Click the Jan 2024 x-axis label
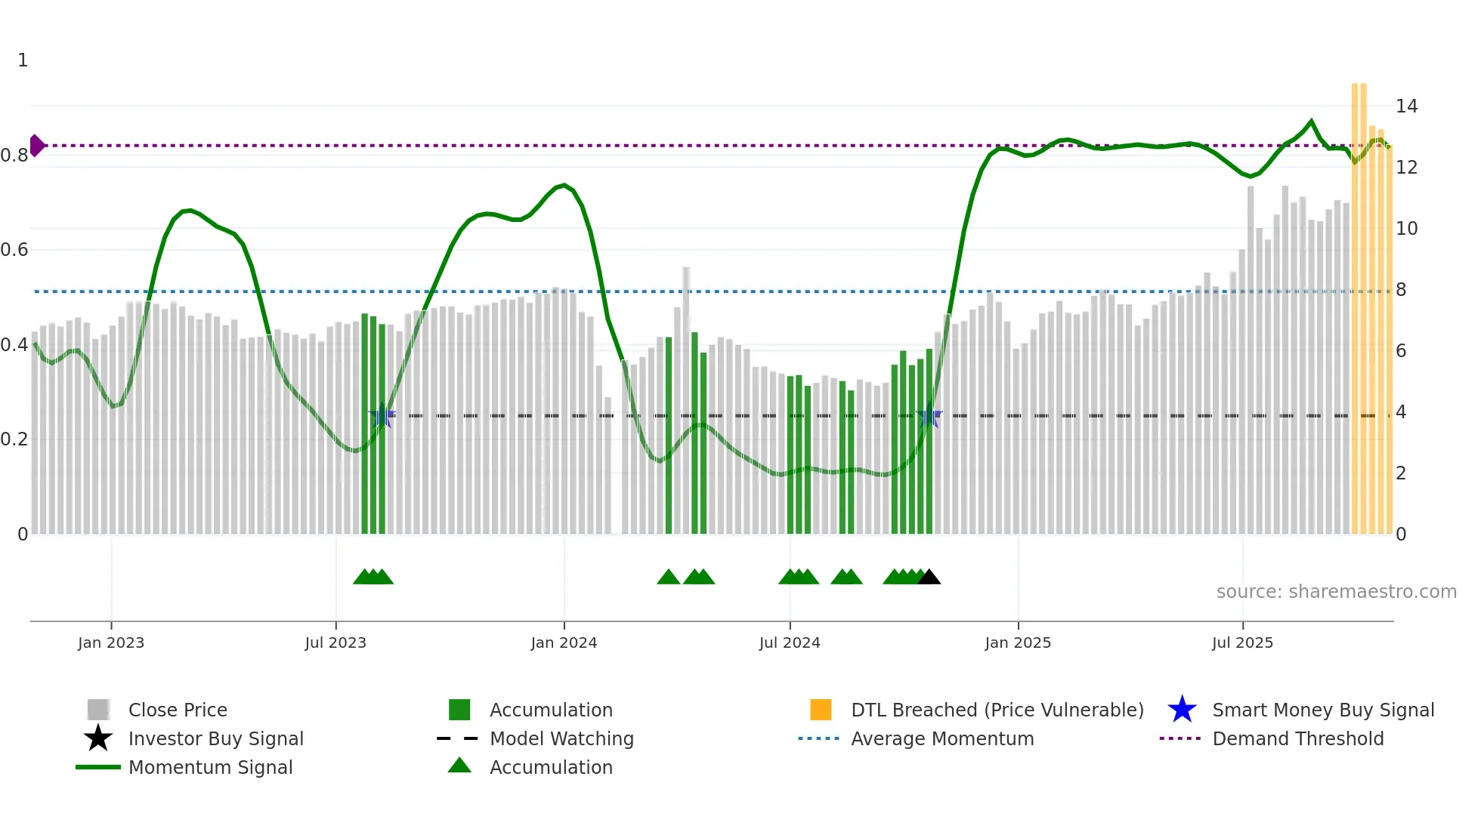[564, 642]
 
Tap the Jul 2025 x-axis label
[1242, 642]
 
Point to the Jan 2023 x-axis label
[111, 642]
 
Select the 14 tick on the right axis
[1406, 106]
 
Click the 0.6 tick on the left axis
[14, 250]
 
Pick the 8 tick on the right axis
[1401, 290]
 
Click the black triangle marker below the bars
[929, 578]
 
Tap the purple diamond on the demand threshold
[37, 145]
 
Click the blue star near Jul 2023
[382, 416]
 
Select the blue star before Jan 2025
[929, 416]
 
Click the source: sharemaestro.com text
[1336, 592]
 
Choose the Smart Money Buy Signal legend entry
[1322, 710]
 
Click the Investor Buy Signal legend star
[98, 738]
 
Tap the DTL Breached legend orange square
[821, 710]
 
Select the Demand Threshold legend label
[1297, 738]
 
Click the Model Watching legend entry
[561, 738]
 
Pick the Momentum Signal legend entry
[210, 767]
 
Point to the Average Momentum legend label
[941, 738]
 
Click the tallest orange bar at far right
[1356, 302]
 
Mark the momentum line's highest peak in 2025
[1311, 121]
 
